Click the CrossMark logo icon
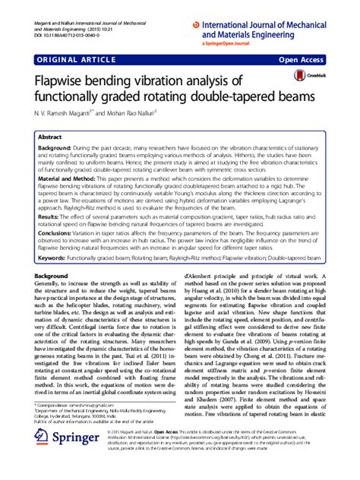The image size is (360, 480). (308, 76)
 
